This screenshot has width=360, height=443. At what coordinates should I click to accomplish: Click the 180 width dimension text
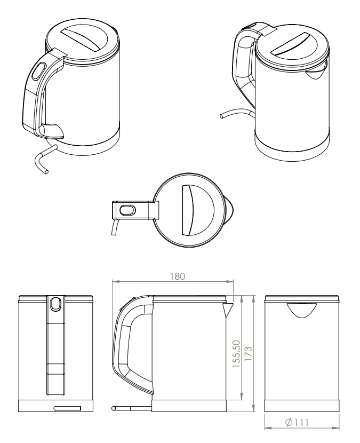(x=177, y=276)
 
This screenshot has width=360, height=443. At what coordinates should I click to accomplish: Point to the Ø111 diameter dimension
(x=297, y=423)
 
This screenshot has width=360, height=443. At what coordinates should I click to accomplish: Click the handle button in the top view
(x=128, y=210)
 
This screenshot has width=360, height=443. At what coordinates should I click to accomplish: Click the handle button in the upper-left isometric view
(x=39, y=71)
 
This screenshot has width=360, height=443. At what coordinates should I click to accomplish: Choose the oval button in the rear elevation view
(x=55, y=303)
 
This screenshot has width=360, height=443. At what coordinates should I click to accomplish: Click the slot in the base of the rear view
(x=67, y=408)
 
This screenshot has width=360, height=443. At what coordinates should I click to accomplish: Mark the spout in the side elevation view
(x=228, y=308)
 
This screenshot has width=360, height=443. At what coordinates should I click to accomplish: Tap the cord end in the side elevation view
(x=114, y=408)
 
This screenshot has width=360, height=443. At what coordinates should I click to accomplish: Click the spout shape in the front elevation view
(x=302, y=310)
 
